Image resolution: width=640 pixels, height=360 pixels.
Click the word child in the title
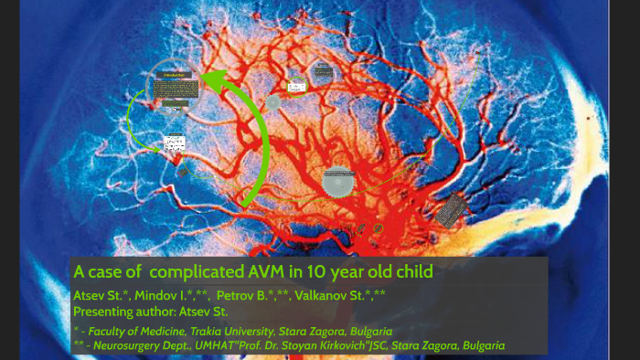pyautogui.click(x=408, y=271)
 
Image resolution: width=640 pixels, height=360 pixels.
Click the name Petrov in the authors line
pyautogui.click(x=235, y=295)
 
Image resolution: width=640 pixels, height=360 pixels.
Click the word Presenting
pyautogui.click(x=107, y=310)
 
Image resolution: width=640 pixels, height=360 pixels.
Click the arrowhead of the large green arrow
pyautogui.click(x=212, y=81)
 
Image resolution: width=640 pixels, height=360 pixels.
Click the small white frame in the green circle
pyautogui.click(x=297, y=86)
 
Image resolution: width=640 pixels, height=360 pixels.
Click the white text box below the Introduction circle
pyautogui.click(x=174, y=143)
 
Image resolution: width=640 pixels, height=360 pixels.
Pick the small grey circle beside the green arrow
pyautogui.click(x=272, y=102)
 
